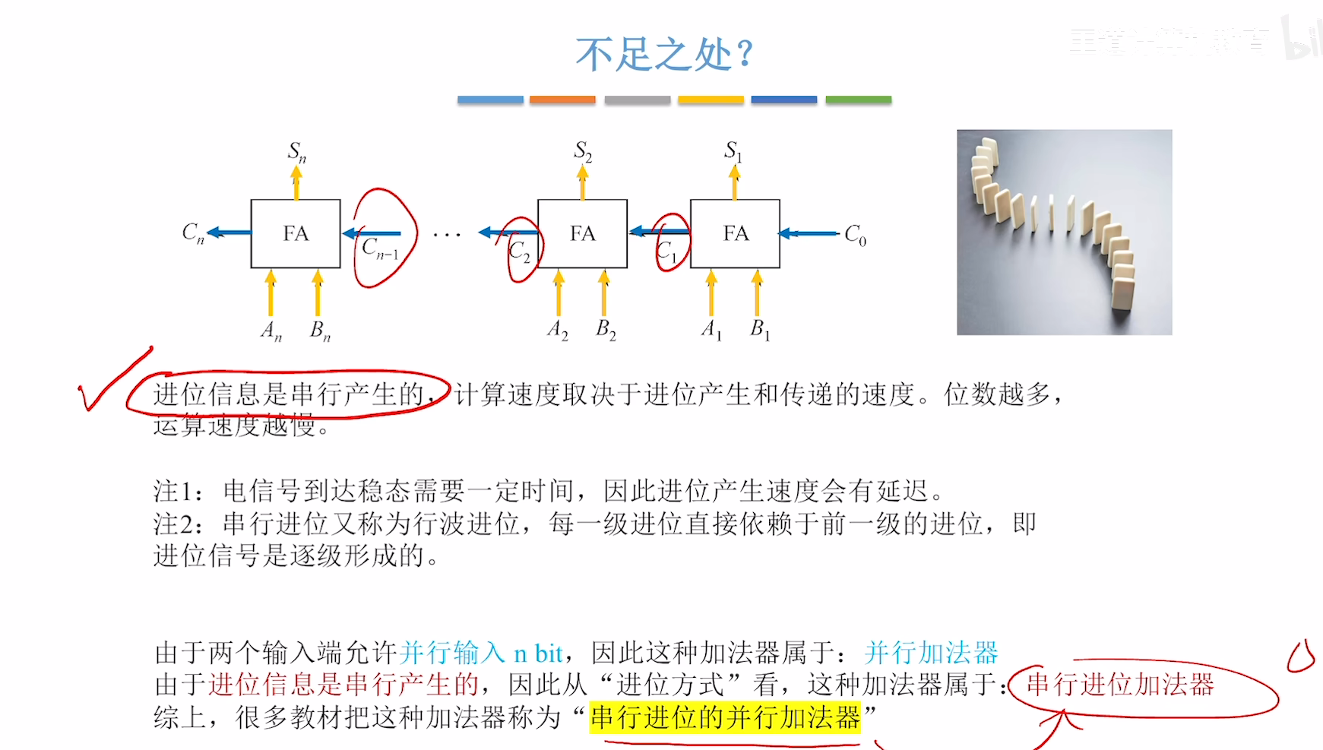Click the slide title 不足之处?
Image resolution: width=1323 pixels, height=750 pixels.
(664, 55)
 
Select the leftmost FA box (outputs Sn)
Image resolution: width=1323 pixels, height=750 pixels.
(296, 233)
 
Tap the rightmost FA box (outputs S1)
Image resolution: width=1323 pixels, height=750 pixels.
(735, 233)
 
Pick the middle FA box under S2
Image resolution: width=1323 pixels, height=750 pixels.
(582, 233)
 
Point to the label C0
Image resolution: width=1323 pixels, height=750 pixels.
(855, 235)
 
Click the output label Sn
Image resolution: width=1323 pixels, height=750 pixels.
(296, 152)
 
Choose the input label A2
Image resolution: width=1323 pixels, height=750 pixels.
(557, 330)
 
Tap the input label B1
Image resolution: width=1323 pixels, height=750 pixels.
(760, 329)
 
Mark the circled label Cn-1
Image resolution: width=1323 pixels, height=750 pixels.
(380, 248)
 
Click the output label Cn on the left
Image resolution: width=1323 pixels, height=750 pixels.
(193, 233)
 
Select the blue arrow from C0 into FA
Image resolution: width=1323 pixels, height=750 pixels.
(809, 233)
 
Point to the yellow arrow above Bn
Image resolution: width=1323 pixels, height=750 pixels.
(318, 293)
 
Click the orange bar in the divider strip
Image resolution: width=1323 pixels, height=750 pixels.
(562, 100)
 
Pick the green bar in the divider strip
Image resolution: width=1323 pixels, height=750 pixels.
(858, 100)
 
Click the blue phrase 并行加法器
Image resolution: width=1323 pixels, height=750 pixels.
(931, 653)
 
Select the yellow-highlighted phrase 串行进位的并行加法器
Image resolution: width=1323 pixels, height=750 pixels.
(725, 717)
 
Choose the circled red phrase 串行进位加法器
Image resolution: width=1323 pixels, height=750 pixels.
(1120, 685)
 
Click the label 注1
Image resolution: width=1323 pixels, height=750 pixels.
(177, 492)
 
